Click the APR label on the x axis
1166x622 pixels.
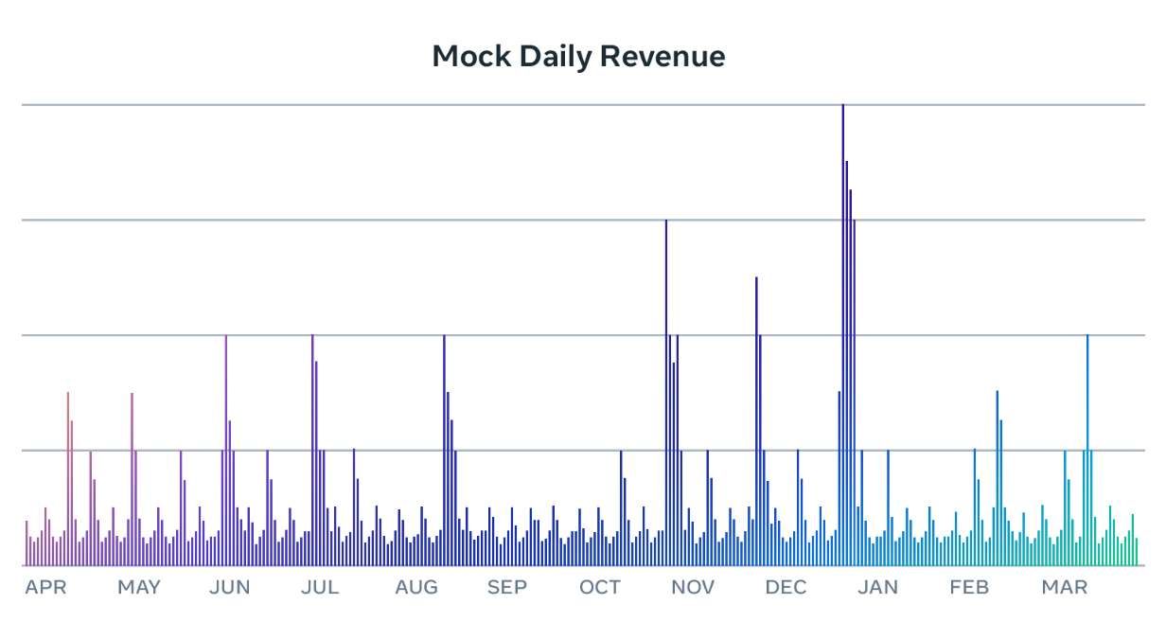(x=45, y=588)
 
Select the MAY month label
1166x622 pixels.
(x=139, y=588)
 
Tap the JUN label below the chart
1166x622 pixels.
(x=230, y=588)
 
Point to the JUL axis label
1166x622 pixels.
(x=320, y=588)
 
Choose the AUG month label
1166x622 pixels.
(x=416, y=588)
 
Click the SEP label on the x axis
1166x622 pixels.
(x=507, y=588)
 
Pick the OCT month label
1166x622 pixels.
(x=600, y=588)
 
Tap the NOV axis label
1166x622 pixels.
(x=693, y=588)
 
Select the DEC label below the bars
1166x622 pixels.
(x=786, y=588)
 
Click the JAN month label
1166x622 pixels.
(x=877, y=588)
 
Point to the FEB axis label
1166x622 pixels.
(x=969, y=588)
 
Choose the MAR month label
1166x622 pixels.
(x=1065, y=588)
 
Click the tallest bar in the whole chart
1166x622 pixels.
(x=843, y=331)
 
